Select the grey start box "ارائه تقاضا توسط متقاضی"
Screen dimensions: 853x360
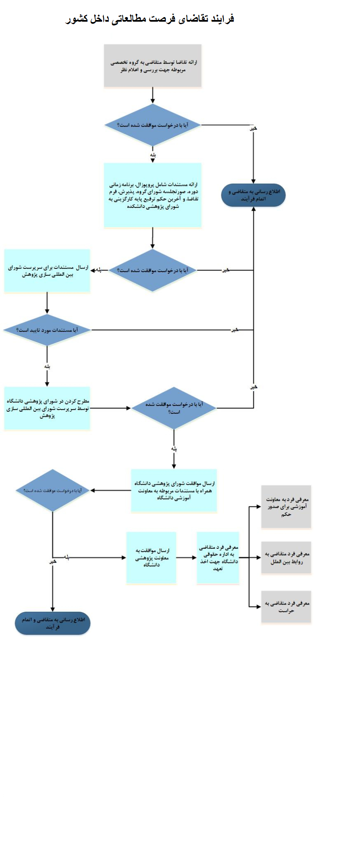(152, 66)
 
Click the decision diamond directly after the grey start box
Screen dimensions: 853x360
(152, 125)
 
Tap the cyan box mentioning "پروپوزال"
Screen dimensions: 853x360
(152, 195)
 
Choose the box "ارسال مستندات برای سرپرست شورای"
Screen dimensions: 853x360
(47, 271)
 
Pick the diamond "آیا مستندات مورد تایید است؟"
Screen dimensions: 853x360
(47, 330)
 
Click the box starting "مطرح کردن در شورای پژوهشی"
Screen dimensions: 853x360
(47, 408)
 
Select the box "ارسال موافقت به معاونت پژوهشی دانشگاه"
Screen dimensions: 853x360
(151, 558)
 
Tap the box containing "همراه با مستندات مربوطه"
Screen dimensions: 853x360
(174, 490)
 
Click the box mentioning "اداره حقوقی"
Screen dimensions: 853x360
(218, 558)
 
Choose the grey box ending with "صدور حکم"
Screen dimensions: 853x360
(286, 507)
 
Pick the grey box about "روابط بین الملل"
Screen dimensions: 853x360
(286, 558)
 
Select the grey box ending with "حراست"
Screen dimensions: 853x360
(286, 607)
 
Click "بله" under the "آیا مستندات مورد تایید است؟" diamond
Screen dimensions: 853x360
(47, 367)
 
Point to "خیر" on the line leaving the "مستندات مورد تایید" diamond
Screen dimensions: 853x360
(235, 330)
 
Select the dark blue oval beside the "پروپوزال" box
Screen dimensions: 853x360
(253, 195)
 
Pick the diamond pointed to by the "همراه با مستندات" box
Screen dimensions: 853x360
(52, 490)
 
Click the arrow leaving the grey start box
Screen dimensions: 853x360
(152, 95)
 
